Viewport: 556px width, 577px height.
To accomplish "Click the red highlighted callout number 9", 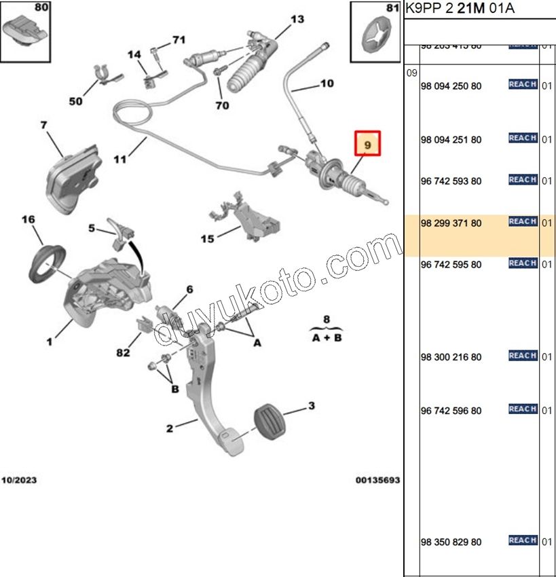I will tap(367, 145).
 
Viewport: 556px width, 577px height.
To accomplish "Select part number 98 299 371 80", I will tap(451, 223).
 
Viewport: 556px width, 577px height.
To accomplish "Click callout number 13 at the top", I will tap(297, 19).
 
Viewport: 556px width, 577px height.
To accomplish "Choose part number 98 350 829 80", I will tap(451, 542).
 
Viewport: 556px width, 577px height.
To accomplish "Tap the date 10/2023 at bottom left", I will tap(19, 480).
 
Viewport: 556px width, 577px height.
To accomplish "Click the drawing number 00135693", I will tap(377, 480).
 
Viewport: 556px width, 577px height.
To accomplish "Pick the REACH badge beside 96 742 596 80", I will tap(523, 409).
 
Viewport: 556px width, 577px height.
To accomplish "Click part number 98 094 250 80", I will tap(451, 86).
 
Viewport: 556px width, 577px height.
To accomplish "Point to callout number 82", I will tap(122, 352).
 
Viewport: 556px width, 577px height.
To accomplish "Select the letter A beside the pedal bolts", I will tap(257, 343).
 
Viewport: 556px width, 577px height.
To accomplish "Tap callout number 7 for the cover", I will tap(43, 125).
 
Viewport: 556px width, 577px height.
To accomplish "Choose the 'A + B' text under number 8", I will tap(327, 337).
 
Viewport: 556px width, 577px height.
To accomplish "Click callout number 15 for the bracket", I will tap(207, 238).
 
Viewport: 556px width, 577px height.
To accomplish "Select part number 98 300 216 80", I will tap(451, 357).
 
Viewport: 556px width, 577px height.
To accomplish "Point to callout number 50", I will tap(75, 101).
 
